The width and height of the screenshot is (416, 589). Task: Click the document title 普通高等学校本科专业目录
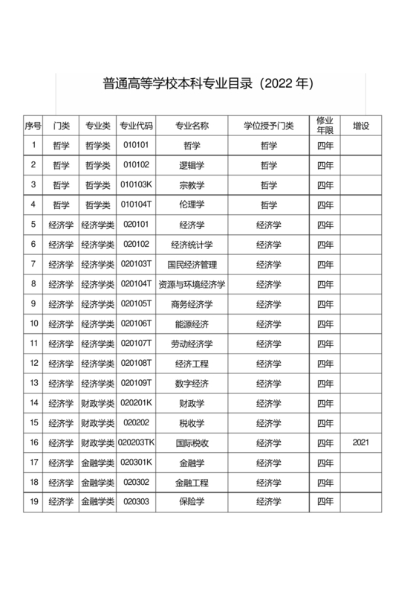click(x=208, y=83)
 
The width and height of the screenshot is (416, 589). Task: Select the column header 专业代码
click(x=137, y=126)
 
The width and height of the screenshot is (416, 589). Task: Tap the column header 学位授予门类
click(x=269, y=126)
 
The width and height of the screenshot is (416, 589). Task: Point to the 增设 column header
click(x=361, y=126)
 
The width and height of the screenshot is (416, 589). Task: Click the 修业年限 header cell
click(x=325, y=125)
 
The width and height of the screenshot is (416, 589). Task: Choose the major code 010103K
click(x=137, y=184)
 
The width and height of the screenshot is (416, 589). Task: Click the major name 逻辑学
click(x=192, y=165)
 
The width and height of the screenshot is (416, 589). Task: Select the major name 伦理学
click(x=192, y=205)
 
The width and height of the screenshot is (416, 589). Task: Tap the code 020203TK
click(x=137, y=442)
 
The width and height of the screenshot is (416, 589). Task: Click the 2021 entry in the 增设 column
click(x=361, y=442)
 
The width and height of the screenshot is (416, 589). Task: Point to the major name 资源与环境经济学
click(x=192, y=283)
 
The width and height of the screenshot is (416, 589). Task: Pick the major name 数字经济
click(x=192, y=383)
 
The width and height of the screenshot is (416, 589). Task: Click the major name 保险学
click(x=192, y=502)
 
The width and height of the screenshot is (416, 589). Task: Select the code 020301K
click(x=137, y=463)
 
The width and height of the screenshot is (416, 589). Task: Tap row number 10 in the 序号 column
click(x=33, y=324)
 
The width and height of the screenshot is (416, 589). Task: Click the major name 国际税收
click(x=192, y=442)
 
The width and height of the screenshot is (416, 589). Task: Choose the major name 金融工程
click(x=192, y=482)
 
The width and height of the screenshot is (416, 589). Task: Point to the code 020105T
click(x=137, y=303)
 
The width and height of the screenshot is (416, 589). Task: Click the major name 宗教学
click(x=192, y=184)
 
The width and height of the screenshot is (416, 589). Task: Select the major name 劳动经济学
click(x=192, y=343)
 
